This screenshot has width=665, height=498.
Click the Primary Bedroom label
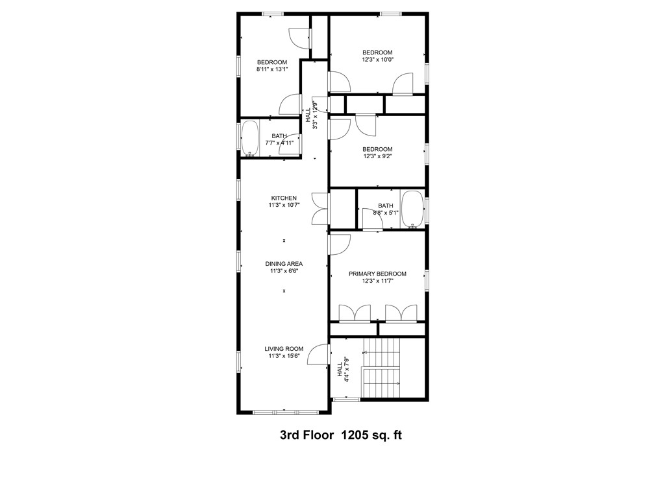point(377,274)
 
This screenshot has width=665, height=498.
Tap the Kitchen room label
point(284,198)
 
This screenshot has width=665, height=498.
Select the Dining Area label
point(284,264)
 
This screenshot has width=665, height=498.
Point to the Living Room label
point(284,349)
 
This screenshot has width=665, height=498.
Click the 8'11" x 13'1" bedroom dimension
point(271,69)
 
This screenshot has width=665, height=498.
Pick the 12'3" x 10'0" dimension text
point(377,60)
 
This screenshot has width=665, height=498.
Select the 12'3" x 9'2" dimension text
point(377,156)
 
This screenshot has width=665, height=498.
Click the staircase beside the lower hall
point(383,368)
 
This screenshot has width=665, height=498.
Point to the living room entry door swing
point(318,355)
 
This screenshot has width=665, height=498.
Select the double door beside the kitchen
point(320,208)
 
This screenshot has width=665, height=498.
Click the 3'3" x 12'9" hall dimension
point(315,115)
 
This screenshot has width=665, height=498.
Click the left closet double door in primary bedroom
point(355,313)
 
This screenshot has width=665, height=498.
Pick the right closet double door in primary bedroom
point(401,313)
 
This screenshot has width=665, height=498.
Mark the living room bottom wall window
point(283,412)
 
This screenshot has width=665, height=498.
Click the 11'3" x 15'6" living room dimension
point(284,356)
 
